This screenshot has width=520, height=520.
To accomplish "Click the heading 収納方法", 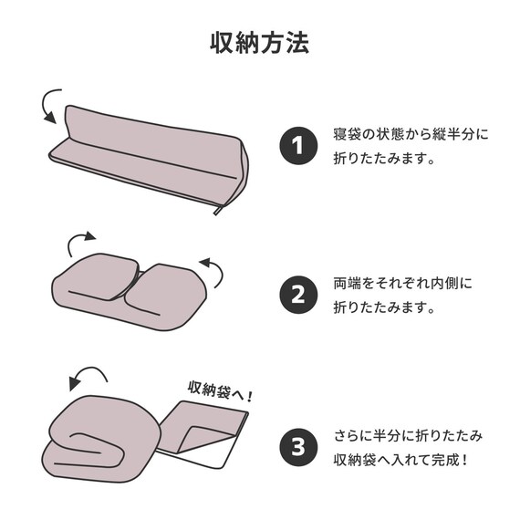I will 260,43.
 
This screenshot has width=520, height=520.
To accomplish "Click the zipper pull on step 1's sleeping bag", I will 217,210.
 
